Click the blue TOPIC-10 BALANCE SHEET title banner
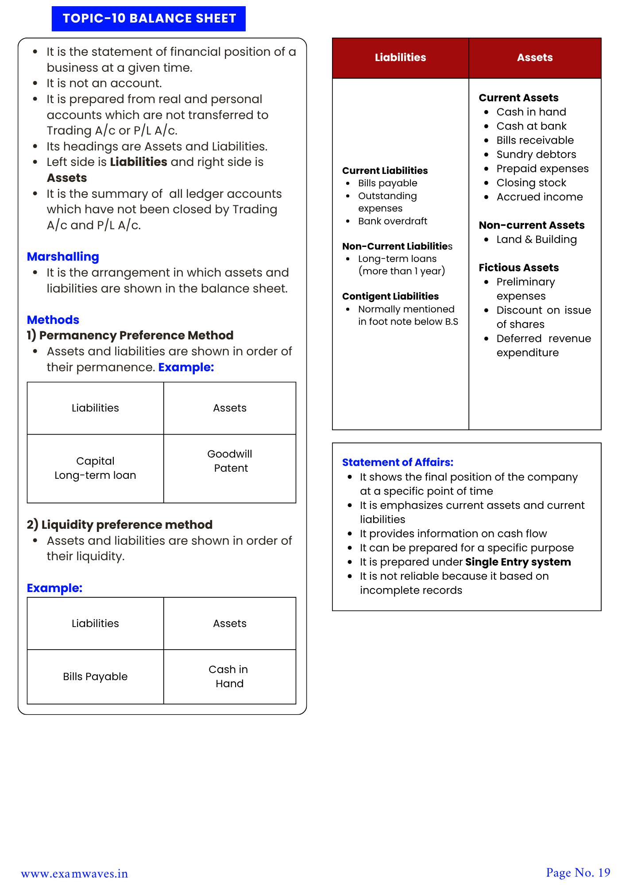pos(149,19)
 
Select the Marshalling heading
pos(63,257)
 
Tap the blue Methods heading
pos(53,319)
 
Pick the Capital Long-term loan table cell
pos(95,468)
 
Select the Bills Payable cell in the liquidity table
pos(95,676)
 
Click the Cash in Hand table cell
pos(229,676)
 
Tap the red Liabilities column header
pos(400,58)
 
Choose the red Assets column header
pos(535,58)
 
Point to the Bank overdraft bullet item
pos(392,221)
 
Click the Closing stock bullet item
pos(531,183)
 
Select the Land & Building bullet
pos(536,239)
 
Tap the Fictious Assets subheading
pos(518,268)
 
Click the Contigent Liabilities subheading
pos(390,296)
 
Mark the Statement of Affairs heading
pos(398,462)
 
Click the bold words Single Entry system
pos(518,562)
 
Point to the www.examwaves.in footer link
pos(74,873)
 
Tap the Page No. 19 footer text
pos(578,873)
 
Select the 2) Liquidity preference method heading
pos(120,525)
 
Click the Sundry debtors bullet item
pos(536,154)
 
